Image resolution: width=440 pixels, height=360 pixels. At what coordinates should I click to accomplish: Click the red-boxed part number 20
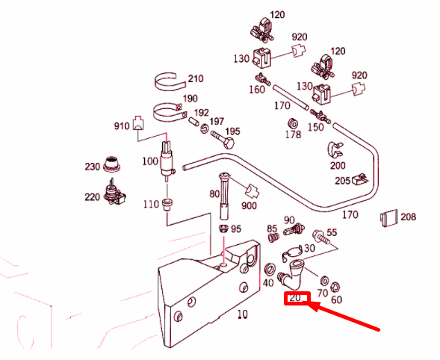pyautogui.click(x=295, y=297)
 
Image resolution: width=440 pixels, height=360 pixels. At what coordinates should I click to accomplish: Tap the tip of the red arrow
pyautogui.click(x=309, y=303)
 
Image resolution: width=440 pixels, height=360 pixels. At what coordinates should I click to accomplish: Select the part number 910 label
pyautogui.click(x=122, y=126)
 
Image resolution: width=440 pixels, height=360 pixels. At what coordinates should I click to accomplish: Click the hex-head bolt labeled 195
pyautogui.click(x=223, y=140)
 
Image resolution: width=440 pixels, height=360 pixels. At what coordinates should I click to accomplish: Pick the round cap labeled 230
pyautogui.click(x=112, y=164)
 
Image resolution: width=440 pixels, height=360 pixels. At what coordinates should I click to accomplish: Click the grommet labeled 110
pyautogui.click(x=167, y=204)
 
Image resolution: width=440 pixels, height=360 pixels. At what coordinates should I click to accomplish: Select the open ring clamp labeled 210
pyautogui.click(x=170, y=82)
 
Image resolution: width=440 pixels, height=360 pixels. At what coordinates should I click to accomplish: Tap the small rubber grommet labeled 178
pyautogui.click(x=293, y=123)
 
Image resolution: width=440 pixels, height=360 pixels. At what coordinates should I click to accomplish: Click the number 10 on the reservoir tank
pyautogui.click(x=243, y=314)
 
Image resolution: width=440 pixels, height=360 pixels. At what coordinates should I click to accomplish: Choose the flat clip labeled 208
pyautogui.click(x=389, y=218)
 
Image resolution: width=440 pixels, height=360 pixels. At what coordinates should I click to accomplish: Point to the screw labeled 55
pyautogui.click(x=321, y=237)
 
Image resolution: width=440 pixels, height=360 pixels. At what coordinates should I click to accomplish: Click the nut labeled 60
pyautogui.click(x=335, y=287)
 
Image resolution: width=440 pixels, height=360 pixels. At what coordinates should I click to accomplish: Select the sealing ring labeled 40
pyautogui.click(x=270, y=270)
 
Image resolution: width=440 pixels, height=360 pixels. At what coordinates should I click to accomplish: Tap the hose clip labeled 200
pyautogui.click(x=335, y=150)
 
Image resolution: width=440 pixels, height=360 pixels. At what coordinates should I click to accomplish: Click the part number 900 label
pyautogui.click(x=249, y=205)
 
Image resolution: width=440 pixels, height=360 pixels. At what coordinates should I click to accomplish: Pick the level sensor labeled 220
pyautogui.click(x=114, y=193)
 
